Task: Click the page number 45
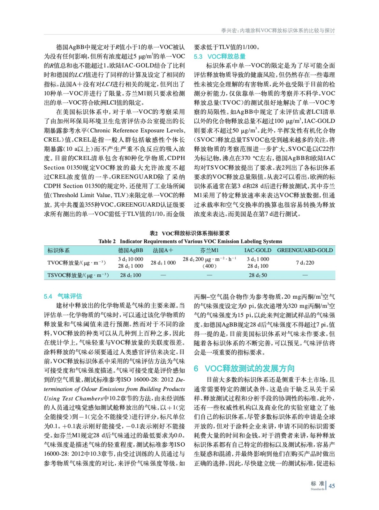[332, 486]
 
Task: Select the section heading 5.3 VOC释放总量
[219, 56]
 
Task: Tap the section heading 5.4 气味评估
[63, 296]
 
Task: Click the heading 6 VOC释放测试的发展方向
[244, 368]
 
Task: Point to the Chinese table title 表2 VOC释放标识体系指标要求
[190, 233]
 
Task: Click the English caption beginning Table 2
[190, 241]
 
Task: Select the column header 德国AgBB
[130, 250]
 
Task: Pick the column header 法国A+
[163, 250]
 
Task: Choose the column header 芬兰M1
[209, 250]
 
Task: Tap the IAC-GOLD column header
[258, 250]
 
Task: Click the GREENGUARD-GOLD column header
[305, 250]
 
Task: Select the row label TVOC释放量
[76, 263]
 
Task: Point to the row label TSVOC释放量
[78, 275]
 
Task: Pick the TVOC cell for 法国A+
[163, 263]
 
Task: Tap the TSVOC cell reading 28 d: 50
[258, 275]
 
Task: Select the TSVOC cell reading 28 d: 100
[130, 275]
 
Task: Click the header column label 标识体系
[58, 250]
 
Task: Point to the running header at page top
[278, 31]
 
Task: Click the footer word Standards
[317, 489]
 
